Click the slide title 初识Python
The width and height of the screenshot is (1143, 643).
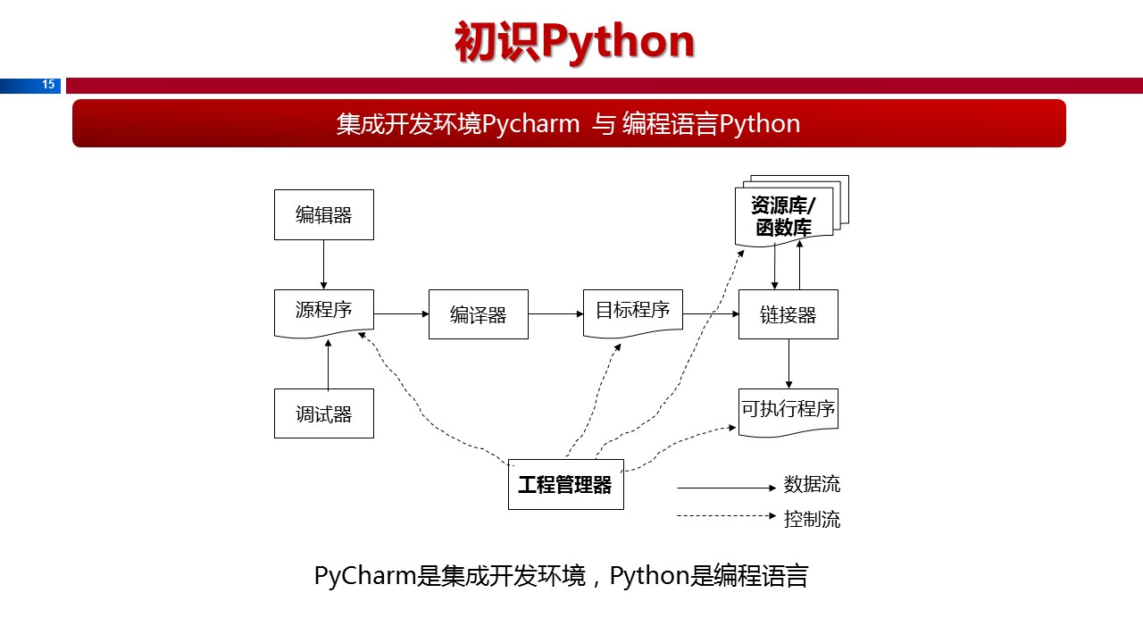pyautogui.click(x=574, y=42)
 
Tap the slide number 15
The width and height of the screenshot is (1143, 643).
pyautogui.click(x=48, y=86)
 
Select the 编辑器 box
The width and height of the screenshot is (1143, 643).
pyautogui.click(x=323, y=214)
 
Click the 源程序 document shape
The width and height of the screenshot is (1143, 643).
pyautogui.click(x=323, y=311)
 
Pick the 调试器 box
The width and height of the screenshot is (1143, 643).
pyautogui.click(x=323, y=413)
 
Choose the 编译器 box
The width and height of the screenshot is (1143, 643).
pyautogui.click(x=478, y=314)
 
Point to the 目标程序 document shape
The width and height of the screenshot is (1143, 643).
pyautogui.click(x=632, y=311)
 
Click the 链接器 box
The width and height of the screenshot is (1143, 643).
pyautogui.click(x=788, y=314)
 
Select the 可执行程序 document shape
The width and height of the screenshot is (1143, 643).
pyautogui.click(x=788, y=410)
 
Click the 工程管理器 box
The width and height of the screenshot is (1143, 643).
pyautogui.click(x=565, y=485)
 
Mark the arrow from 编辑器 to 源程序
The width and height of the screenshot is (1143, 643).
pyautogui.click(x=323, y=263)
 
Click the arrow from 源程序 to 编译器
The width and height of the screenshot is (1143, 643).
pyautogui.click(x=401, y=313)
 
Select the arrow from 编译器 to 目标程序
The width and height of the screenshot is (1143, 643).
pyautogui.click(x=555, y=313)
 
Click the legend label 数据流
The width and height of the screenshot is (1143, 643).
pyautogui.click(x=812, y=485)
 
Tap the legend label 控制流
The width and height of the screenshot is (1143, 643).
pyautogui.click(x=812, y=519)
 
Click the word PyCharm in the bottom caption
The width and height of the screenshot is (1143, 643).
pyautogui.click(x=365, y=576)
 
